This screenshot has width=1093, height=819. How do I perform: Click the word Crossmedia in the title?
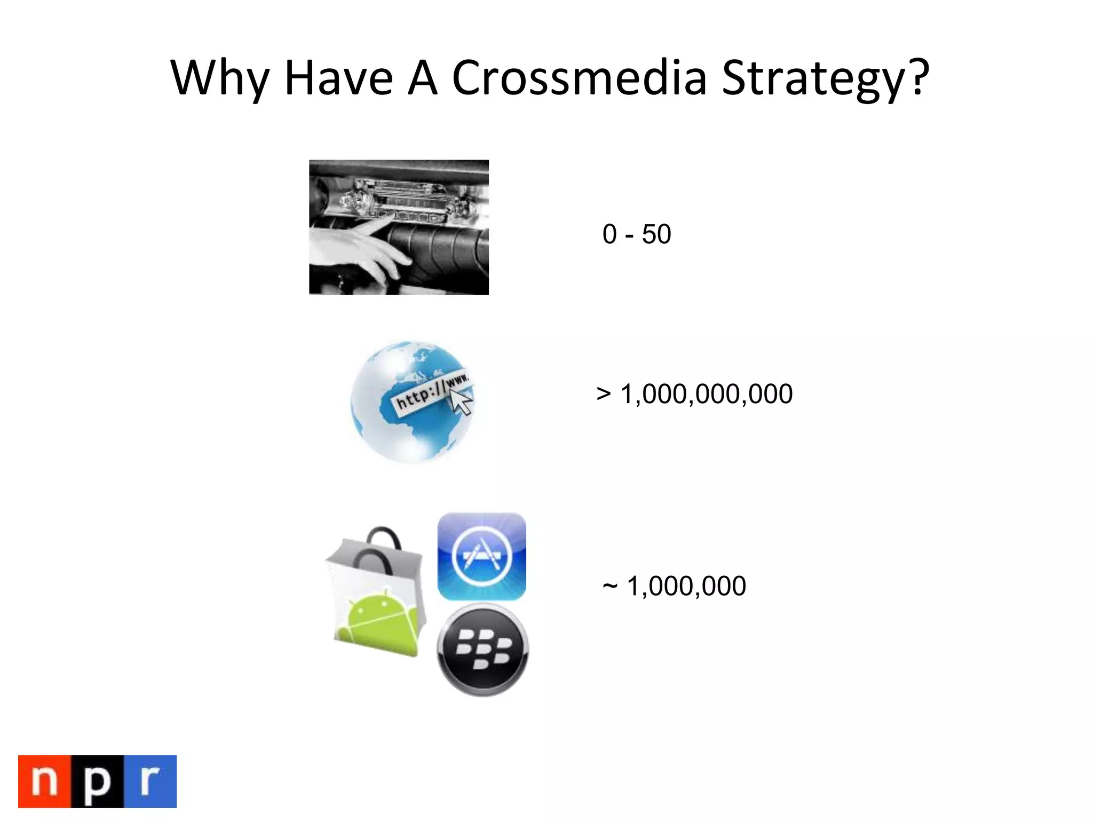(x=579, y=78)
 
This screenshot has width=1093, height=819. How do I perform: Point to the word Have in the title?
(x=339, y=78)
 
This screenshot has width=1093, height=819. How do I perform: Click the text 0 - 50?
(x=636, y=234)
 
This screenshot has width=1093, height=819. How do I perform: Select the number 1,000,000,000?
(x=706, y=394)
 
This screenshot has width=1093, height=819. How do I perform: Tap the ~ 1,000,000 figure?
(x=674, y=586)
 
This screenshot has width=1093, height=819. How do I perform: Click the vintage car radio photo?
(x=399, y=227)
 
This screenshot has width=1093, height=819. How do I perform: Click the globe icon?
(x=411, y=402)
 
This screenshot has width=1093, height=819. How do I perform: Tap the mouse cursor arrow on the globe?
(x=461, y=400)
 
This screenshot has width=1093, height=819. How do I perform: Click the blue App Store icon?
(x=481, y=556)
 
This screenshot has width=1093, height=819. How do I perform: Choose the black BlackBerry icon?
(x=482, y=649)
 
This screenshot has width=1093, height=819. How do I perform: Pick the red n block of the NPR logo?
(x=45, y=781)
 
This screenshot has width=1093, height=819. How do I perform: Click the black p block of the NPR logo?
(x=97, y=781)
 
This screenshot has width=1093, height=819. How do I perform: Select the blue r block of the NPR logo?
(x=150, y=781)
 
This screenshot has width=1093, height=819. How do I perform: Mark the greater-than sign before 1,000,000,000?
(x=604, y=395)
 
